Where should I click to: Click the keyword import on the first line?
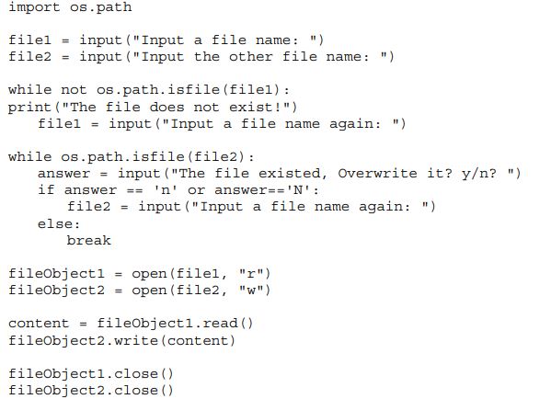click(34, 7)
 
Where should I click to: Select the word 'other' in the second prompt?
click(250, 57)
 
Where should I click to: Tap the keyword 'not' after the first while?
click(74, 90)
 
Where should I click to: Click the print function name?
click(30, 108)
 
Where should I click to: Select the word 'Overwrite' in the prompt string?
click(377, 173)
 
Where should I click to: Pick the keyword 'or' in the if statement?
click(196, 190)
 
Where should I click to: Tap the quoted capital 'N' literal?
click(297, 190)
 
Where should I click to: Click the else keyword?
click(58, 223)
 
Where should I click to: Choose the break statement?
click(89, 240)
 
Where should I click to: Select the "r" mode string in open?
click(251, 273)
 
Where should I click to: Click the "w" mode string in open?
click(251, 291)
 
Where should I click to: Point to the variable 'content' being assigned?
click(39, 324)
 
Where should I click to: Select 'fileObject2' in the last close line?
click(57, 390)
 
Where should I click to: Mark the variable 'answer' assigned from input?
click(64, 174)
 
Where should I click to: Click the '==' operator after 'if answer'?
click(135, 190)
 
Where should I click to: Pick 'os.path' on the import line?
click(101, 7)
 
